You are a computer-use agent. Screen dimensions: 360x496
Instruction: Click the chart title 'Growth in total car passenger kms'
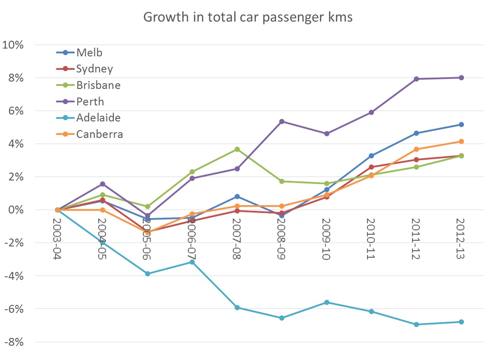tap(248, 17)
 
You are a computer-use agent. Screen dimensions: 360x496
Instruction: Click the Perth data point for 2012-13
tap(461, 78)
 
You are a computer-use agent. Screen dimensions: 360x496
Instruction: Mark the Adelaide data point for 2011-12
tap(416, 324)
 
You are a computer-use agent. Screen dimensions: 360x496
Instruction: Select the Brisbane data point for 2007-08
tap(237, 149)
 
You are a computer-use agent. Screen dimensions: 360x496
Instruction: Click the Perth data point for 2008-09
tap(282, 121)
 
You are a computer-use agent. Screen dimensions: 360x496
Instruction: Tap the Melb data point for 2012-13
tap(461, 124)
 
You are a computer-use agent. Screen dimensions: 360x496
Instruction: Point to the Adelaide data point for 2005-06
tap(148, 274)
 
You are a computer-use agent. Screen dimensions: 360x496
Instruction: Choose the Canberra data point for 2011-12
tap(416, 149)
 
